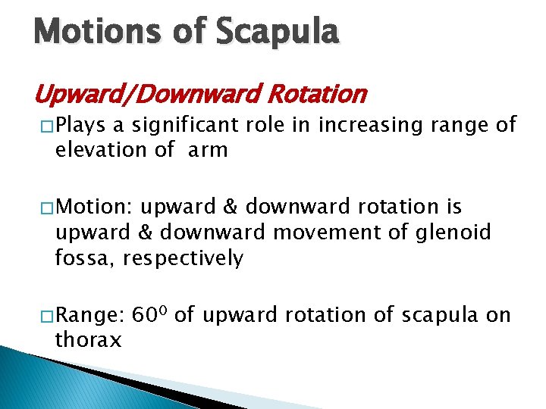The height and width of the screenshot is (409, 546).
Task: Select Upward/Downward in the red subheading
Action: coord(137,95)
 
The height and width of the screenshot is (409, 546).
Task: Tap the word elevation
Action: coord(102,149)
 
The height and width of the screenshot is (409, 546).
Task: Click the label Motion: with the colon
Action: coord(95,208)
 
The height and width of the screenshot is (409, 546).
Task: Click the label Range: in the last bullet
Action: coord(90,316)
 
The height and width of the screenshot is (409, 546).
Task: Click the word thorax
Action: coord(87,340)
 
